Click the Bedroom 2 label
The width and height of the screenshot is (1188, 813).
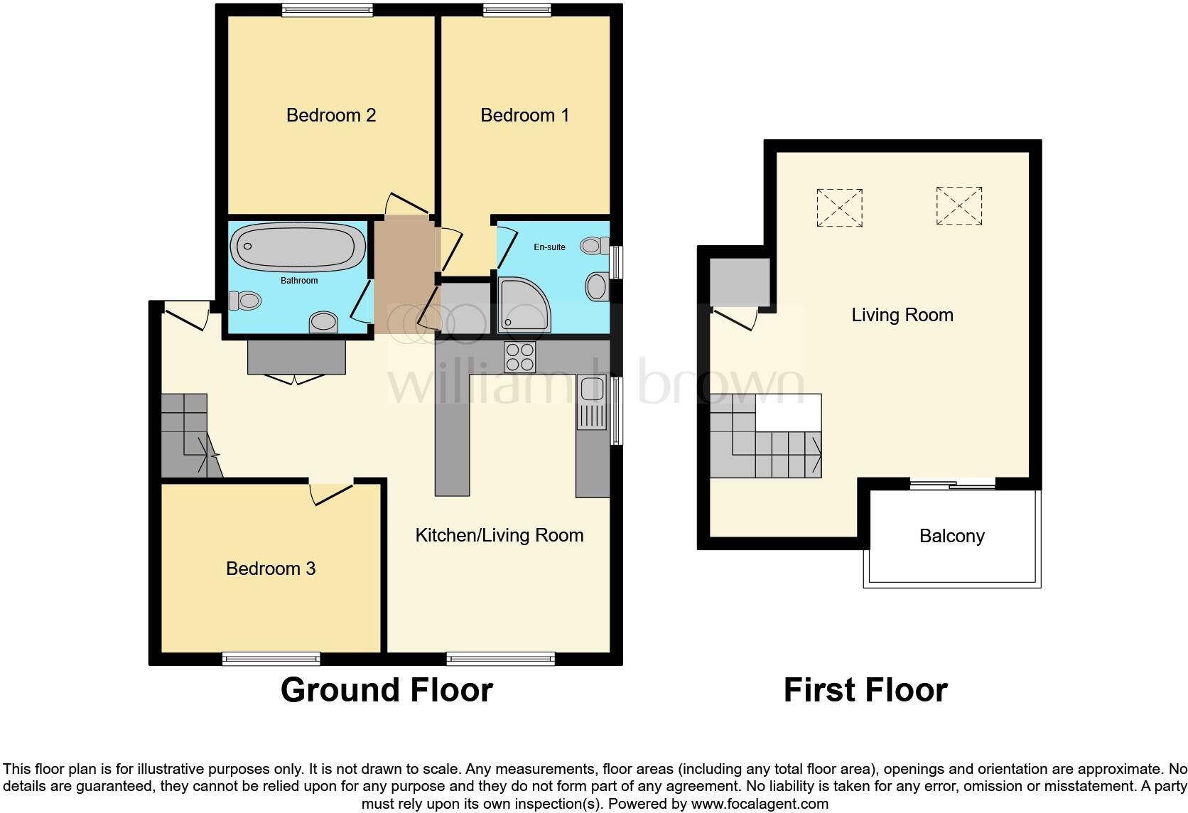[x=330, y=115]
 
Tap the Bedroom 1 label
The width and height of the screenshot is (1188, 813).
[x=524, y=115]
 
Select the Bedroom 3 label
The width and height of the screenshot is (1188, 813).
[x=270, y=569]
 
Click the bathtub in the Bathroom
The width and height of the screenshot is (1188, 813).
[x=298, y=247]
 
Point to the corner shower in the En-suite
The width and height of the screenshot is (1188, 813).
[x=522, y=305]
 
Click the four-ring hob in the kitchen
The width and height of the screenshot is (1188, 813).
[x=519, y=357]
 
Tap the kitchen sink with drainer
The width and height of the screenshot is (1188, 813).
[x=591, y=403]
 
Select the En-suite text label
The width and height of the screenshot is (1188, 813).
[x=549, y=247]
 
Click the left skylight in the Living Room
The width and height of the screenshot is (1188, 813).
[x=839, y=208]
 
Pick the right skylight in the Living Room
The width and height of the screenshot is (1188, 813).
[x=958, y=206]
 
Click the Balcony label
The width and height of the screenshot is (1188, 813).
[x=951, y=536]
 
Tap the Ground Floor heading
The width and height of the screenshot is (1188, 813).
[x=387, y=690]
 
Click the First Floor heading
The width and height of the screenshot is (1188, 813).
[x=865, y=690]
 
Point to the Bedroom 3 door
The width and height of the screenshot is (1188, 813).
[x=331, y=493]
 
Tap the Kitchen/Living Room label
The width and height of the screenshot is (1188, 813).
[x=499, y=535]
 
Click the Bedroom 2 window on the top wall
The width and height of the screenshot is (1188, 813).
[x=327, y=10]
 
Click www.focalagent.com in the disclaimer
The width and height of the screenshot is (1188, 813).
[x=760, y=804]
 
